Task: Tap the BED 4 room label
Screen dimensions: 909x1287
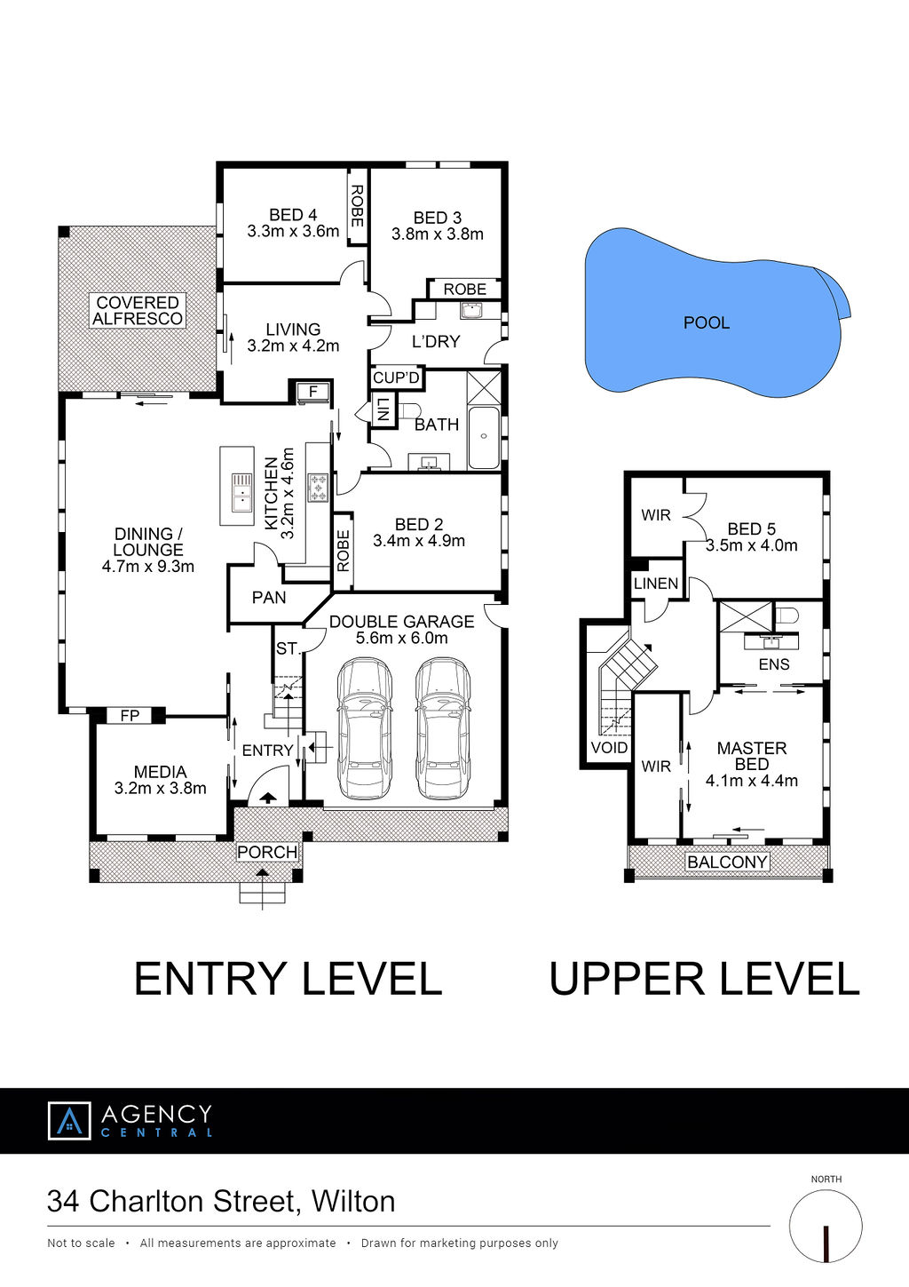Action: pos(293,215)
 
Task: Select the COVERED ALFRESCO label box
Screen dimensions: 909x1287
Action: pos(138,310)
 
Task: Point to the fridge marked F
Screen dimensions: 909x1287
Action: pos(313,393)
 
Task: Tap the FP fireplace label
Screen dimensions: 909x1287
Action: pos(130,715)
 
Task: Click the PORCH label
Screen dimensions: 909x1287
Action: pos(267,852)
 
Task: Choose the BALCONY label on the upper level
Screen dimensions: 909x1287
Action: pos(727,862)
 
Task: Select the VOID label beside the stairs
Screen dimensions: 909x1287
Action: pos(609,748)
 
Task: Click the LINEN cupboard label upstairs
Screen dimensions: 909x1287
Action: pos(656,584)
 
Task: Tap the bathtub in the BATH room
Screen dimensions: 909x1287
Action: pos(484,438)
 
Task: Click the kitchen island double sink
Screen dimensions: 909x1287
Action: pos(242,492)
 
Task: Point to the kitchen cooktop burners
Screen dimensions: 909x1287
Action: pos(318,488)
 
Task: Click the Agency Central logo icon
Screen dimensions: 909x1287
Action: pos(69,1120)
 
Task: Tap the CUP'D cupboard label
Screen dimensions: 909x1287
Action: pos(396,377)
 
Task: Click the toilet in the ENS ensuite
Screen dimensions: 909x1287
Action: pos(786,616)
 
